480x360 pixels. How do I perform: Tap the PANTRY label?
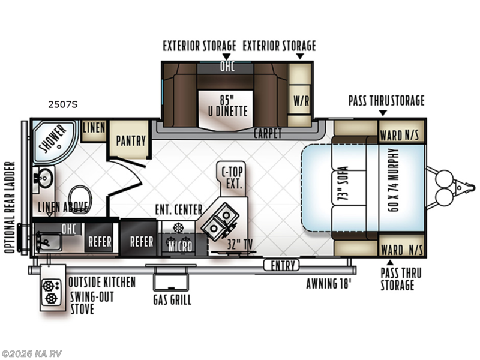pos(131,141)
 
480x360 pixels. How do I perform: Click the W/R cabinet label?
pos(301,100)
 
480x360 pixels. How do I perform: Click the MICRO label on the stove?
pos(181,247)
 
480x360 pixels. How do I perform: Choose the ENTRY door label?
pos(281,265)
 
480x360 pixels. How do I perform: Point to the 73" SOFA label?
pos(343,184)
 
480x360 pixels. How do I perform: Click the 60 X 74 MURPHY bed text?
pos(394,180)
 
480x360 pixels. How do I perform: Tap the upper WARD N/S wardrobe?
pos(401,131)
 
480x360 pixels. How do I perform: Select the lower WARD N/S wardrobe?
pos(401,245)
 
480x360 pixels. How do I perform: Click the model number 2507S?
pos(63,104)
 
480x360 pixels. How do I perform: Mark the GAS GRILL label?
pos(172,299)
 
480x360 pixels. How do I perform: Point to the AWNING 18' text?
pos(329,283)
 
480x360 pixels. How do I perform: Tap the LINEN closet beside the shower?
pos(93,131)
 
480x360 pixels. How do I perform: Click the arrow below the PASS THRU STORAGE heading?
pos(383,113)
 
